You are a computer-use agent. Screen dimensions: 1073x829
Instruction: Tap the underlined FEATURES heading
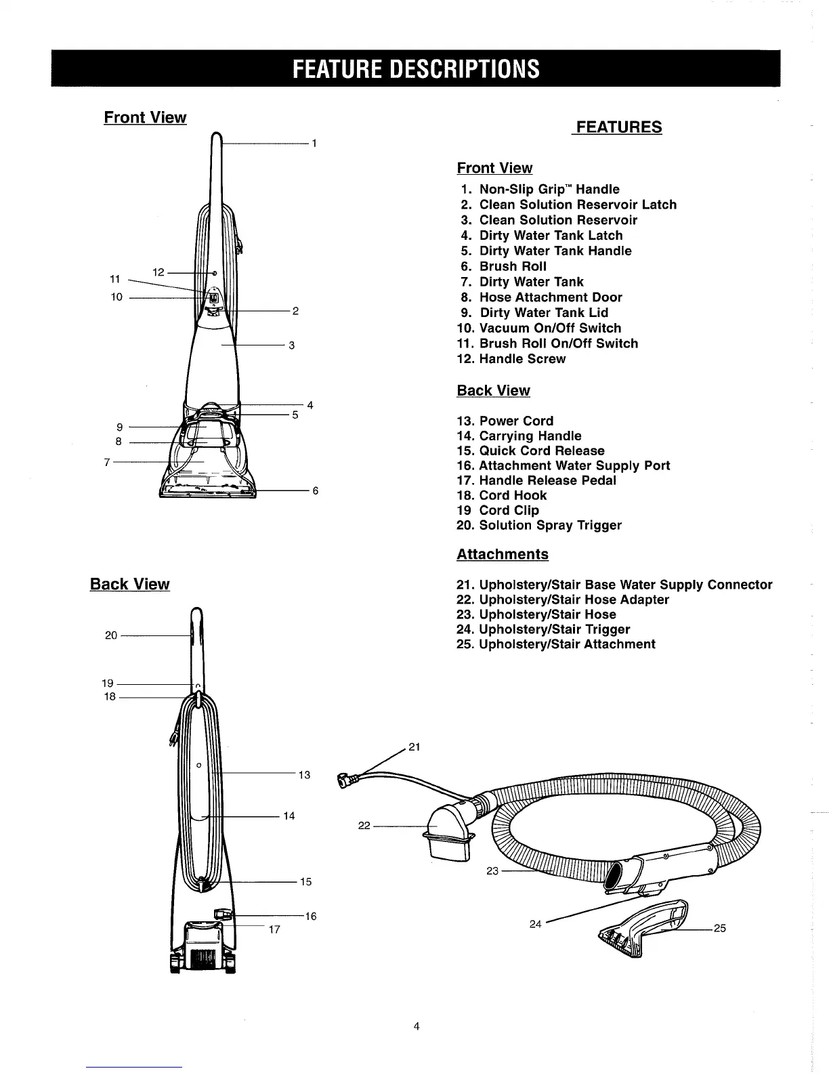[617, 127]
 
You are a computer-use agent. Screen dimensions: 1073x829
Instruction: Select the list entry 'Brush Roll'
[512, 266]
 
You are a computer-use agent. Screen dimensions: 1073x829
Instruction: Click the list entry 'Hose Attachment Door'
[550, 297]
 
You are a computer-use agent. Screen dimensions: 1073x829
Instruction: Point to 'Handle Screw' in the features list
[522, 359]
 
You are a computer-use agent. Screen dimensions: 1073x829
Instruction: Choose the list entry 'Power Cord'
[515, 421]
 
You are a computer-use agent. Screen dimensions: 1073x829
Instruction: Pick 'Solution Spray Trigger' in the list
[549, 525]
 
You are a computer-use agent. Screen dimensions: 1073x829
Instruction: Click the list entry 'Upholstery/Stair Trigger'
[553, 629]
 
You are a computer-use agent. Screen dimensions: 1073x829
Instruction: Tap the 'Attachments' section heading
[503, 554]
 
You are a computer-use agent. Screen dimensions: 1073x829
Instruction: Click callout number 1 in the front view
[315, 144]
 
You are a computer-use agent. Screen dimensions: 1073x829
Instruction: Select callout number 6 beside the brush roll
[315, 490]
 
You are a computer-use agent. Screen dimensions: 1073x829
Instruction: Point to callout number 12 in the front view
[158, 272]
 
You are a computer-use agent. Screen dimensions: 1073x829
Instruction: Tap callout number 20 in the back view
[111, 635]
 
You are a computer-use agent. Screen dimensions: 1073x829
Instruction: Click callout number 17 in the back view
[274, 929]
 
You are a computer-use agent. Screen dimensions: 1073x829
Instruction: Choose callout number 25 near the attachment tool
[719, 928]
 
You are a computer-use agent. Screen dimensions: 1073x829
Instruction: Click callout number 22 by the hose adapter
[364, 825]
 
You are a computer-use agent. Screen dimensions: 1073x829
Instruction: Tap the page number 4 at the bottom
[417, 1026]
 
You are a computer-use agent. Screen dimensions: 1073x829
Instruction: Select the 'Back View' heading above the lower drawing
[130, 585]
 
